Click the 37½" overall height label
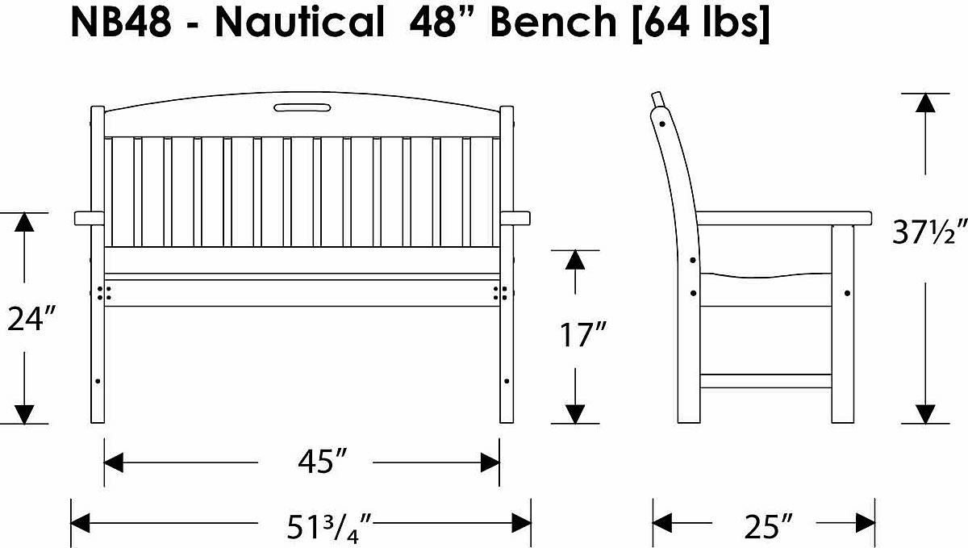(928, 233)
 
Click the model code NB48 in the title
(120, 24)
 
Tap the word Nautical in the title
(299, 24)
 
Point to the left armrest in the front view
(90, 218)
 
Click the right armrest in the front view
(515, 218)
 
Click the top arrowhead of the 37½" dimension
(926, 102)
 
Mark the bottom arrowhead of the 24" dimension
(25, 413)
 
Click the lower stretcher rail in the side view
(766, 381)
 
